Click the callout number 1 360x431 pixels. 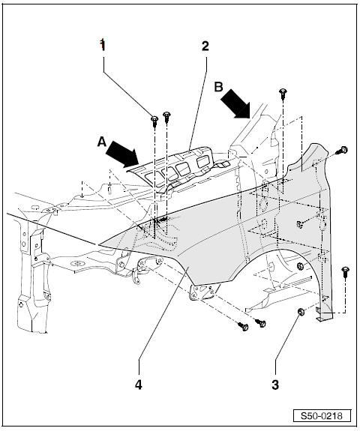(103, 44)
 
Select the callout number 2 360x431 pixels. (205, 45)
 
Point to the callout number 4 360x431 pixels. (137, 385)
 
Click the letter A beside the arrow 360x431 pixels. (100, 139)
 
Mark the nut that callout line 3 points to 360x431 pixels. (301, 311)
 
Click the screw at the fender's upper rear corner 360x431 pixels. (343, 151)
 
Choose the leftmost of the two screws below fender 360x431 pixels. (244, 327)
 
